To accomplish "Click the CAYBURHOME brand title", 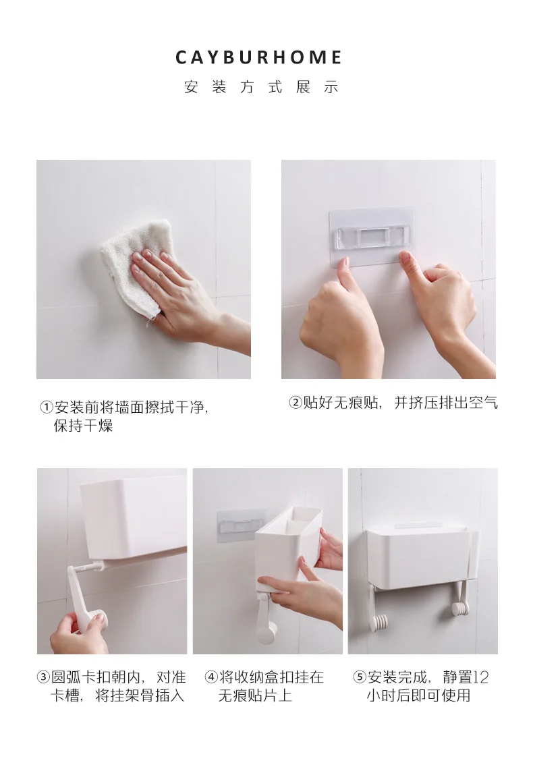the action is [x=258, y=57].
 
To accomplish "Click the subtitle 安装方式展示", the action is [x=261, y=87].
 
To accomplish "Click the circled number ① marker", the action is [x=46, y=407].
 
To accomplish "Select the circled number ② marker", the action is [x=295, y=403].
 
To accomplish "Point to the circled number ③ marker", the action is [x=43, y=677].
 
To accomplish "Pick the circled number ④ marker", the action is [x=211, y=677].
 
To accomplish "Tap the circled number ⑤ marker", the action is [x=360, y=677].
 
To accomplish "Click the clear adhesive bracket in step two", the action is [x=371, y=236].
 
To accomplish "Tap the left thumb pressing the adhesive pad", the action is [x=343, y=269].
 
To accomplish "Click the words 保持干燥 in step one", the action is [x=84, y=426].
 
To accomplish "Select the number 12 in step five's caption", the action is [x=481, y=677].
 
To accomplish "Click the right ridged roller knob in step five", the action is [x=460, y=609].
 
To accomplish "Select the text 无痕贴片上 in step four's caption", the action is [x=255, y=695].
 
